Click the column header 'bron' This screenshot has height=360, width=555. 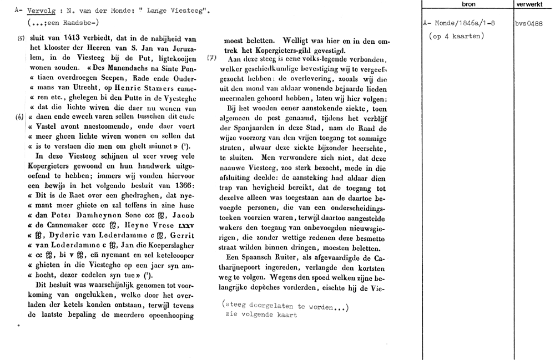468,4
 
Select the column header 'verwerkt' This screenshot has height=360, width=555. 533,4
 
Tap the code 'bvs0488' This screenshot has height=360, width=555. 533,24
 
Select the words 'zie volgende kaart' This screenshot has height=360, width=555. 261,315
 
